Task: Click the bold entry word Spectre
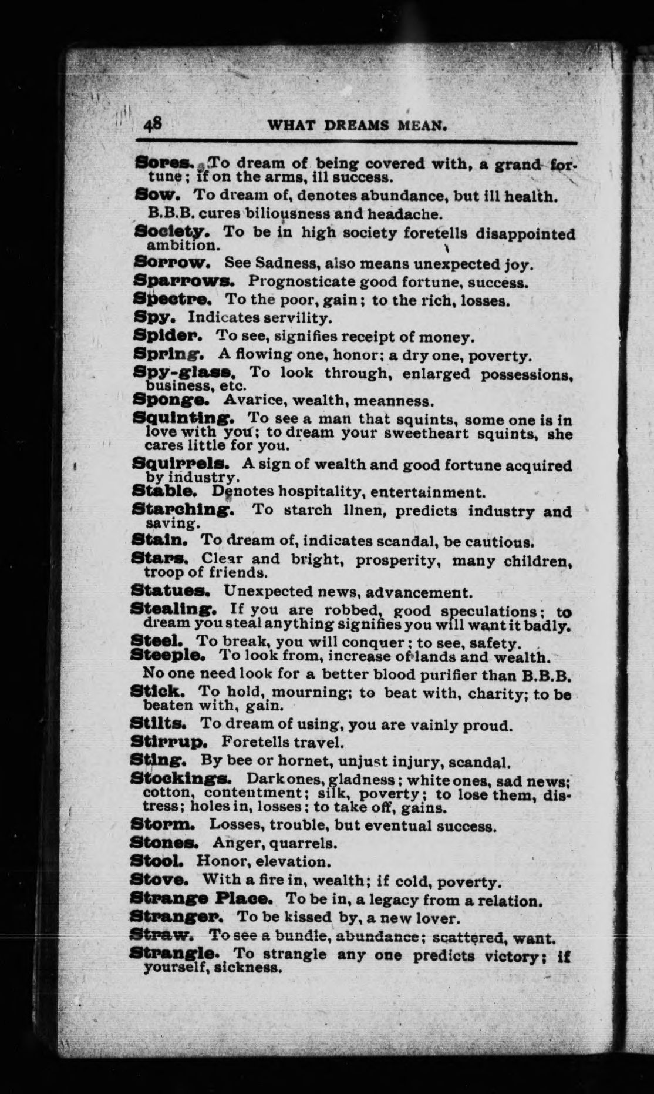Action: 172,300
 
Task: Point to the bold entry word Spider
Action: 168,337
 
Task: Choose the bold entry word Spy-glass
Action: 184,373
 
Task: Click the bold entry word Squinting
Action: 184,420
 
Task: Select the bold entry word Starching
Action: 184,510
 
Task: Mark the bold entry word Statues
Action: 170,591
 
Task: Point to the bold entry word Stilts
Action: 161,724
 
